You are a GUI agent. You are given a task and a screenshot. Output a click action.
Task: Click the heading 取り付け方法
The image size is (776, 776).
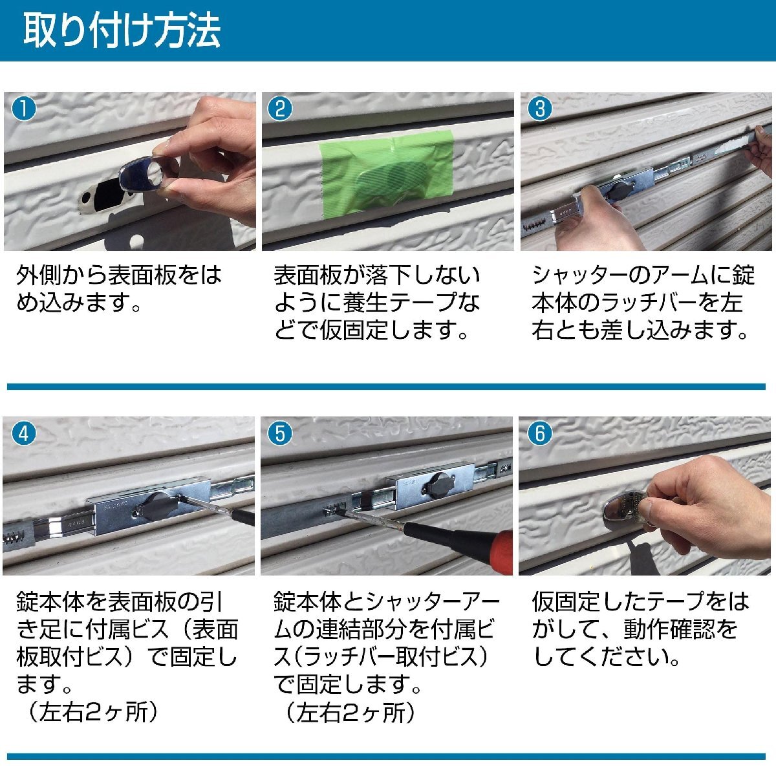(x=122, y=30)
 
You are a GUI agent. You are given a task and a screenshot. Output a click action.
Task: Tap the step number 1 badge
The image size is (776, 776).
(x=24, y=109)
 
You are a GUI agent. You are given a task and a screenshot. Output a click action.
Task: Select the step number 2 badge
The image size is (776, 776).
(x=280, y=109)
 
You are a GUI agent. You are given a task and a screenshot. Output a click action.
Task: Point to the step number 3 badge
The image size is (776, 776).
(x=539, y=109)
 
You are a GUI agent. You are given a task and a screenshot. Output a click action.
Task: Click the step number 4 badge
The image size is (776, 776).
(x=24, y=434)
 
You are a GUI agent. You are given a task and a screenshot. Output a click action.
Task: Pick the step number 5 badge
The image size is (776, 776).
(x=280, y=434)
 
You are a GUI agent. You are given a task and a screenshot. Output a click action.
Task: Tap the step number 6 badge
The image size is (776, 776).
(x=539, y=434)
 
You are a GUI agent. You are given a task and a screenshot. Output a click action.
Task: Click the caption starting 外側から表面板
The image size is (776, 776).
(x=119, y=289)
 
